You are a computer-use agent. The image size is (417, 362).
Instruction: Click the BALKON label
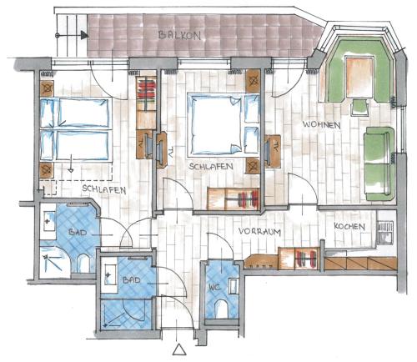[x=179, y=35]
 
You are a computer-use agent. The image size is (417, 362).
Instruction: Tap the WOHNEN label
[x=322, y=124]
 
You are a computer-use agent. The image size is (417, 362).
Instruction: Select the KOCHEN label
[x=349, y=226]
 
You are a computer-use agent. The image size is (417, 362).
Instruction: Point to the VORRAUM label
[x=259, y=231]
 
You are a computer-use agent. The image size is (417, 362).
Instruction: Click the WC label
[x=215, y=286]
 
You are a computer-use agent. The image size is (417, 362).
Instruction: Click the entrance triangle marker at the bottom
[x=179, y=349]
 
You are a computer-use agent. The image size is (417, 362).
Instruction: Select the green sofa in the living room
[x=379, y=163]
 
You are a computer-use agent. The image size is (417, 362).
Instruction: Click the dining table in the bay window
[x=359, y=77]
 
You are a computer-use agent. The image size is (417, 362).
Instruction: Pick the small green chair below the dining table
[x=360, y=108]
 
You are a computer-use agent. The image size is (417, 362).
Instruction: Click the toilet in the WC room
[x=222, y=309]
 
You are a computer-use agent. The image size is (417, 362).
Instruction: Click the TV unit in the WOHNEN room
[x=272, y=151]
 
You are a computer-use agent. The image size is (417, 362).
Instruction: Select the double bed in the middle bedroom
[x=224, y=124]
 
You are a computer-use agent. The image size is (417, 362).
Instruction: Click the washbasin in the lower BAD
[x=110, y=274]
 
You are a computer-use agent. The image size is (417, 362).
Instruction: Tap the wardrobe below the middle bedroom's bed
[x=234, y=199]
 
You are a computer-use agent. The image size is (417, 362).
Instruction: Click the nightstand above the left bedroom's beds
[x=47, y=89]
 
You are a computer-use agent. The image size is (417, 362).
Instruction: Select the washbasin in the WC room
[x=234, y=287]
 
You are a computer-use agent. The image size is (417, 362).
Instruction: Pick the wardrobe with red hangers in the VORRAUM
[x=299, y=259]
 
